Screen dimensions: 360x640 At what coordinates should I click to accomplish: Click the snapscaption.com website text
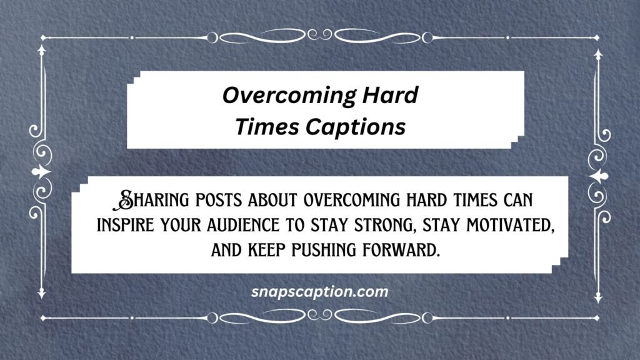319,292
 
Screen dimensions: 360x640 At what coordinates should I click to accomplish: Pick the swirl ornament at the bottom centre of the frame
319,317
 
